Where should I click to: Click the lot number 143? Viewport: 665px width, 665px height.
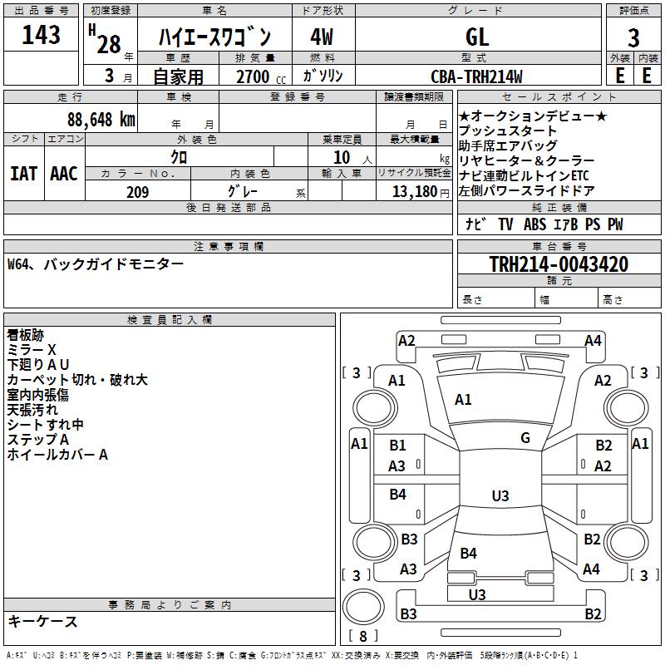pos(41,36)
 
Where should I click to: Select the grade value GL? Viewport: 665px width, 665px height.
pos(477,37)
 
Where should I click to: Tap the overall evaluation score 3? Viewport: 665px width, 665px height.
pos(633,37)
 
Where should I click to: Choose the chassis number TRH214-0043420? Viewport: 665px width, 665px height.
pos(558,264)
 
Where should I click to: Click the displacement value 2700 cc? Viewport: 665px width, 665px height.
pos(254,77)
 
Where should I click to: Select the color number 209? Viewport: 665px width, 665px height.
pos(137,192)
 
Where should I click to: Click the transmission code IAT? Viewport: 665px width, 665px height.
pos(23,173)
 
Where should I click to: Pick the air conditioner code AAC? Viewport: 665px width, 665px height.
pos(63,173)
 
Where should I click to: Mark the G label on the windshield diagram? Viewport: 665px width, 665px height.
pos(525,438)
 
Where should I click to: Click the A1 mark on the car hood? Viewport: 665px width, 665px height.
pos(463,400)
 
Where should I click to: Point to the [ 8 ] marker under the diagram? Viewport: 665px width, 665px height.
pos(362,636)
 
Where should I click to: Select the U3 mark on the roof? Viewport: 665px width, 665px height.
pos(500,496)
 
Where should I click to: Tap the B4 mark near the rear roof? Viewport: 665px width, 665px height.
pos(468,554)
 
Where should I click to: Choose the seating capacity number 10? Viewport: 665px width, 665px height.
pos(342,157)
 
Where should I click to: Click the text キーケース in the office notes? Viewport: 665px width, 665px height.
pos(42,622)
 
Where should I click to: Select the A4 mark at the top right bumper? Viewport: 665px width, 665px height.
pos(593,340)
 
